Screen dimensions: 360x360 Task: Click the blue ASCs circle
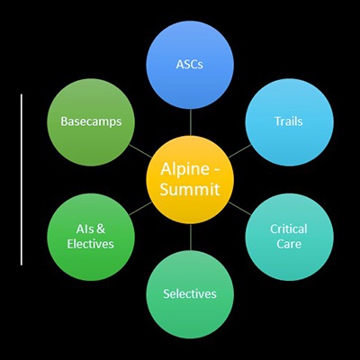(x=191, y=65)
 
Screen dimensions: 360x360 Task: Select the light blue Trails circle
(x=287, y=121)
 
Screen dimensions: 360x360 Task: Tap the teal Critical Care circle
(x=287, y=236)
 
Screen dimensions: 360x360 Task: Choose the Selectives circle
(x=190, y=293)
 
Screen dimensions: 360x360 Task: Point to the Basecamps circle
(x=91, y=121)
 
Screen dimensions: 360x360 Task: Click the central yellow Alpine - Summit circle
(x=191, y=178)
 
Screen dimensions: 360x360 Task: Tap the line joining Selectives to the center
(x=191, y=237)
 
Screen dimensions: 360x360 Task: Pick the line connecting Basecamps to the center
(x=139, y=148)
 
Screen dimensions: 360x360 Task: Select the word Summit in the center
(x=191, y=189)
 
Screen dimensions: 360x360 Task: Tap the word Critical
(x=288, y=229)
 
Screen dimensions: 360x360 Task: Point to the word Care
(x=288, y=244)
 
